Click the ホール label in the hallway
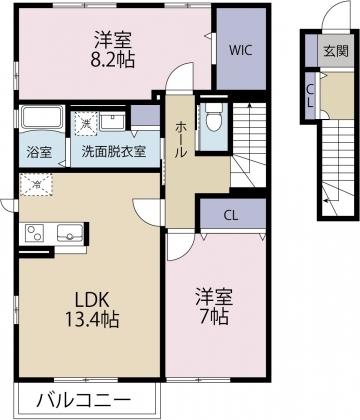(180, 131)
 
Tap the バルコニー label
(82, 401)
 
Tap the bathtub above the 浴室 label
(42, 119)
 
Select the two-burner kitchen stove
(35, 235)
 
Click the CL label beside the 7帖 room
(231, 214)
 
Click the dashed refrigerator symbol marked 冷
(39, 184)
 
